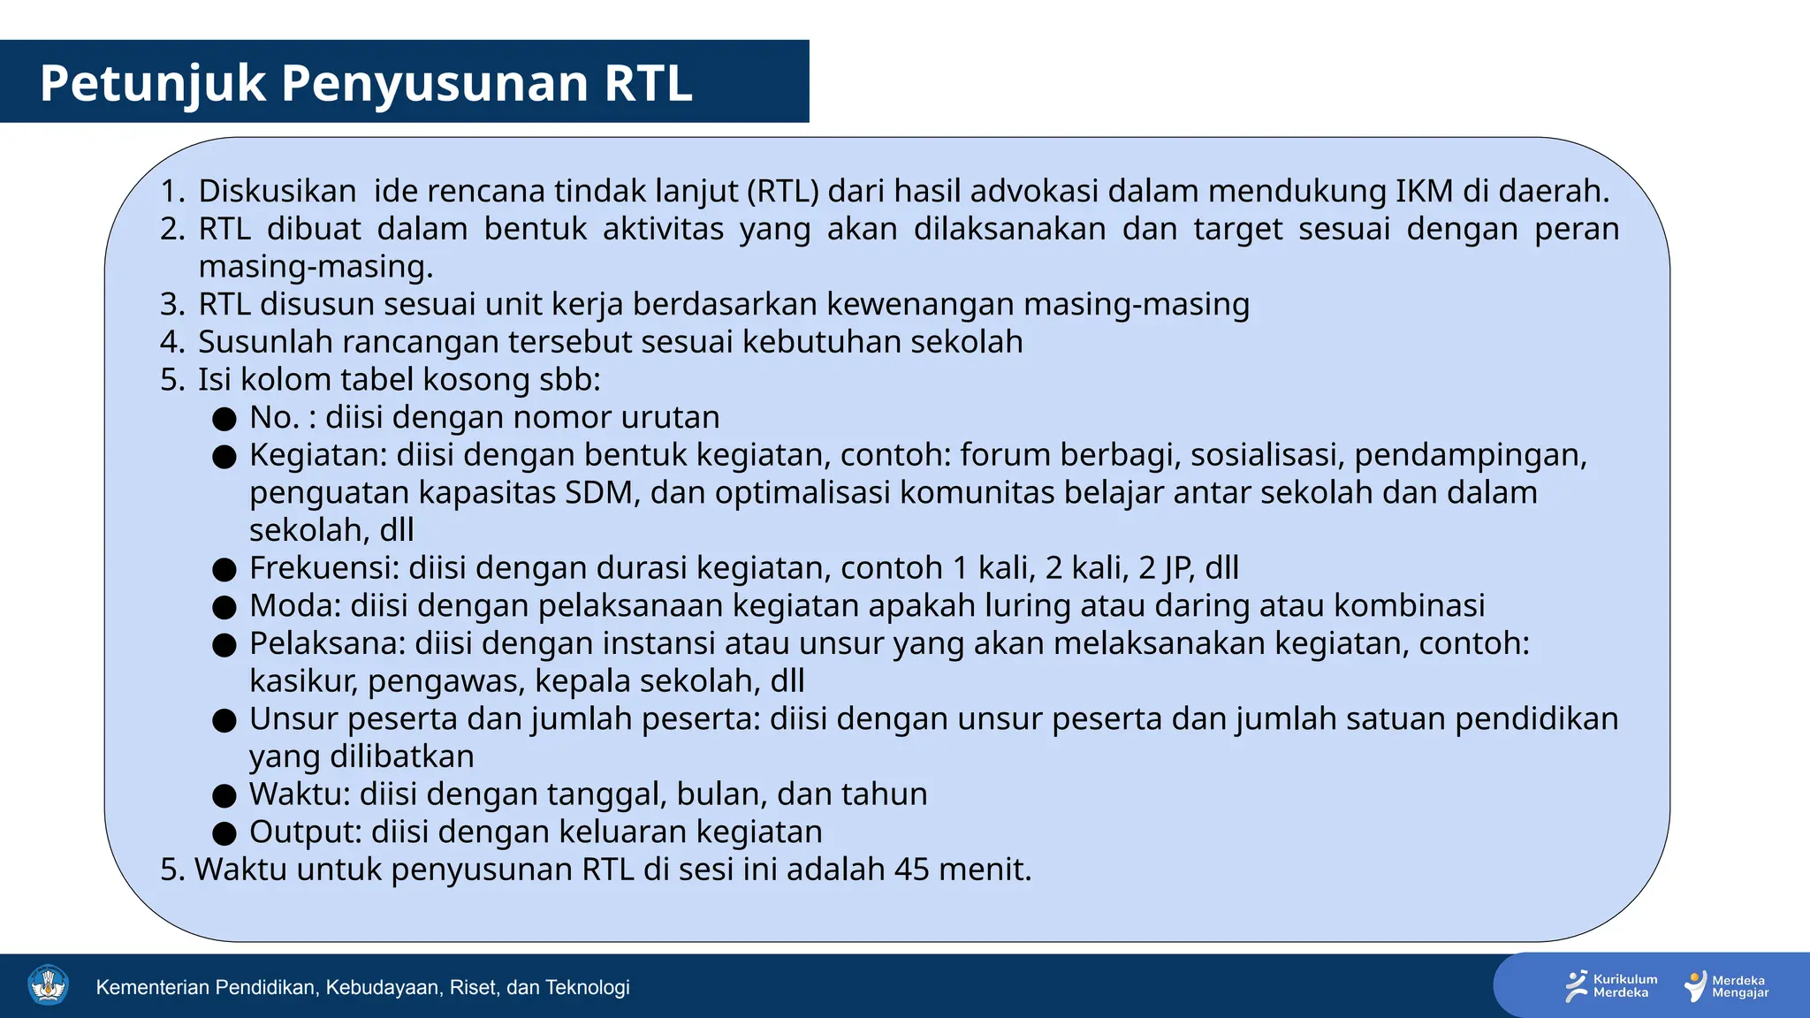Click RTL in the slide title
click(648, 84)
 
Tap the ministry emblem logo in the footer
click(48, 985)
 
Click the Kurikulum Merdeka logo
click(1611, 986)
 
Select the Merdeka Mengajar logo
click(1727, 986)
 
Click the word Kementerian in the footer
click(153, 987)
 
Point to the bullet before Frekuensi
click(224, 570)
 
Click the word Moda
click(294, 606)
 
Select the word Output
click(305, 832)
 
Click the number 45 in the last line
click(911, 870)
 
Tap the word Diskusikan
click(277, 192)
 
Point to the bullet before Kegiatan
click(224, 457)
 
